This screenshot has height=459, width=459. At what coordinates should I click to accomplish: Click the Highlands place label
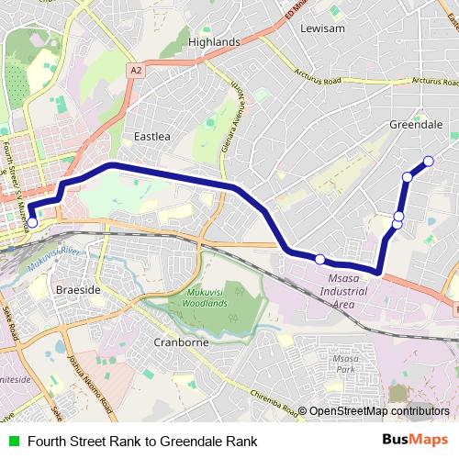click(x=213, y=42)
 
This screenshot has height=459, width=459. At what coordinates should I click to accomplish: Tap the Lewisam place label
click(x=321, y=28)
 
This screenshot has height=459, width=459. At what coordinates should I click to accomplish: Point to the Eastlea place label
click(x=152, y=136)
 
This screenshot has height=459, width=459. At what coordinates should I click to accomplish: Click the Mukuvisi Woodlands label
click(x=200, y=297)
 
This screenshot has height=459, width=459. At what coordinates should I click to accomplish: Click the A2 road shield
click(x=136, y=70)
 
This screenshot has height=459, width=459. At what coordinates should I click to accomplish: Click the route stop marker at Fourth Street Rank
click(x=32, y=222)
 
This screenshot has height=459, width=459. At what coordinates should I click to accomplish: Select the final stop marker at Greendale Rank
click(x=428, y=162)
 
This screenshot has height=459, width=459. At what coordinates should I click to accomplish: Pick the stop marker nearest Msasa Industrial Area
click(x=320, y=259)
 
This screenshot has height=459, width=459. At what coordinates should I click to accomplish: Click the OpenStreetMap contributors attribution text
click(x=379, y=411)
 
